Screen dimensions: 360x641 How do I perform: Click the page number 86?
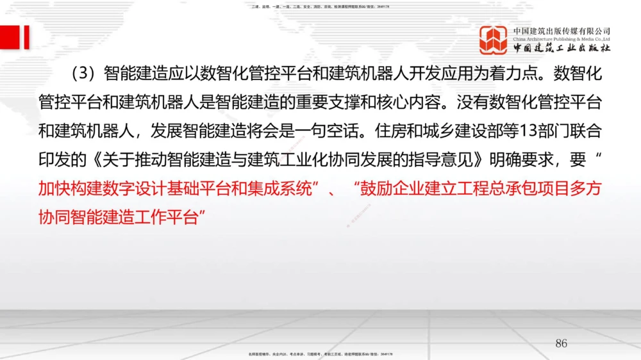[x=561, y=343]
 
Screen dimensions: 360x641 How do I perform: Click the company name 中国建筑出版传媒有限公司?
[x=562, y=31]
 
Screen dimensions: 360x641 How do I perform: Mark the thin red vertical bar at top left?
[x=26, y=37]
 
